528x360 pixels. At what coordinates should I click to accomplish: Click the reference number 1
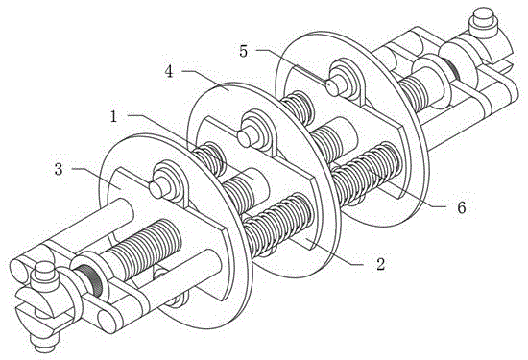(114, 117)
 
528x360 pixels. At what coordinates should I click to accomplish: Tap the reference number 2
(380, 264)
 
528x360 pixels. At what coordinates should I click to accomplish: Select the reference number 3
(59, 170)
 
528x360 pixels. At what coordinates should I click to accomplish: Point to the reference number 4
(169, 71)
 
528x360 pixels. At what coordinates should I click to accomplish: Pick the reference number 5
(244, 51)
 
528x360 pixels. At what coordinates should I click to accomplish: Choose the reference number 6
(461, 207)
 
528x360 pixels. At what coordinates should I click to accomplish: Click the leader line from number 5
(292, 65)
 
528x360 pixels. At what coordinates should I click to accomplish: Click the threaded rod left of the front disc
(142, 249)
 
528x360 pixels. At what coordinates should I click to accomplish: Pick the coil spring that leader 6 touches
(367, 173)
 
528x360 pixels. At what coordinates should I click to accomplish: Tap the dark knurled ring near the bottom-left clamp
(90, 280)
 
